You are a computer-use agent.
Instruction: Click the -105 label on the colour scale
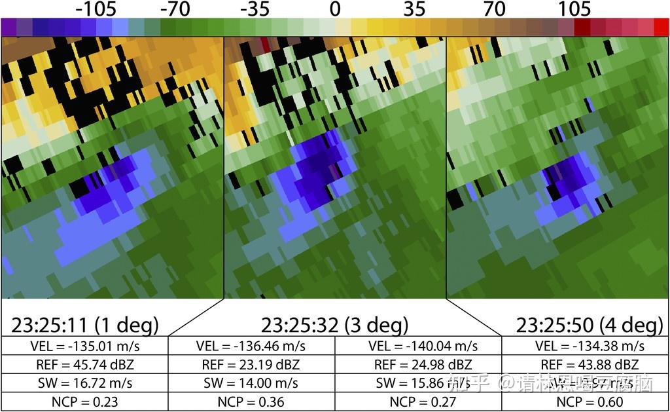pos(96,9)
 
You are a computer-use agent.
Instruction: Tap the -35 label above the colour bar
pos(255,9)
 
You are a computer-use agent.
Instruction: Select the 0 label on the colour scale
pos(335,9)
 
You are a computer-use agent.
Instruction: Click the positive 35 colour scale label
pos(414,9)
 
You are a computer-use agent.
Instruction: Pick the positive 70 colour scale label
pos(495,9)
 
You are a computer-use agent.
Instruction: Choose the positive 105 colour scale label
pos(574,9)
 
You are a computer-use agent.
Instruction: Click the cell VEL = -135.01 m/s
pos(84,346)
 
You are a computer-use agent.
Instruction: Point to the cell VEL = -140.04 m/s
pos(418,346)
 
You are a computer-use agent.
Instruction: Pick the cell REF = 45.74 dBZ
pos(84,365)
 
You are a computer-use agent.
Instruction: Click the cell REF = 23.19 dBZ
pos(252,365)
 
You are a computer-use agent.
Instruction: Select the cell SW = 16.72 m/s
pos(84,383)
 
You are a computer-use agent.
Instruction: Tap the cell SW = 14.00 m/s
pos(252,383)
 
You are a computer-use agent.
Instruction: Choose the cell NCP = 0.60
pos(586,402)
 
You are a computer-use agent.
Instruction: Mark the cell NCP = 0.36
pos(252,402)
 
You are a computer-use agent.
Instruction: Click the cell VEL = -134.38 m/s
pos(586,346)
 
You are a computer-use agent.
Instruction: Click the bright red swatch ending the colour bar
pos(661,27)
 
